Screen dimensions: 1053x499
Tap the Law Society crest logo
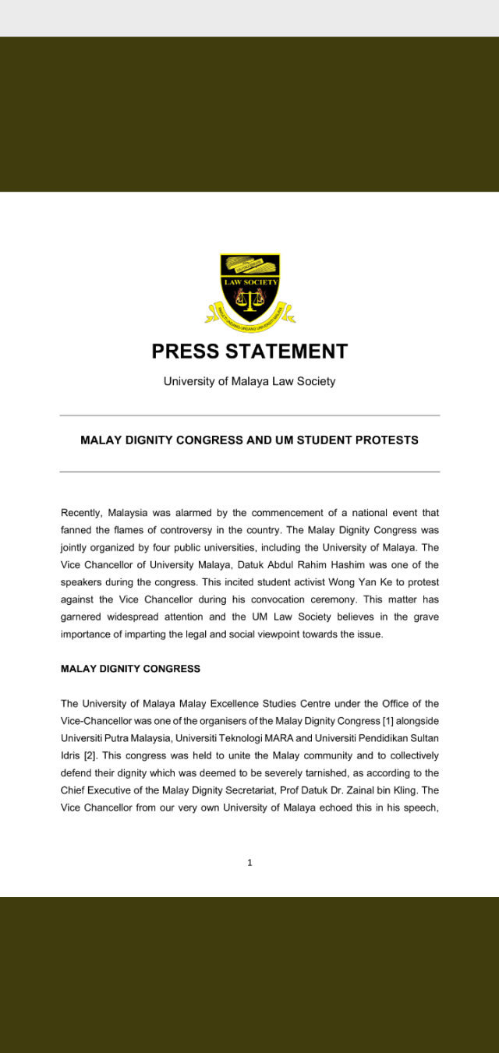click(x=249, y=289)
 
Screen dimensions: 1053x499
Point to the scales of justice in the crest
click(x=249, y=299)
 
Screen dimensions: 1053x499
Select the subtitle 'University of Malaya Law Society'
click(x=249, y=382)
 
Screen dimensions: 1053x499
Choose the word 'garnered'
click(x=82, y=617)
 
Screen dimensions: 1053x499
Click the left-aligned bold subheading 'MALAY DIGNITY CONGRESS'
click(x=130, y=669)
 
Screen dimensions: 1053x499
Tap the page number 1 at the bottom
click(x=249, y=863)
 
